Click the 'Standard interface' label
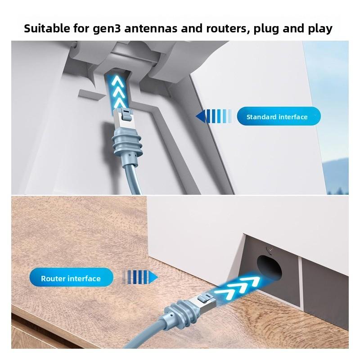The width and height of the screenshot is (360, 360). pyautogui.click(x=277, y=117)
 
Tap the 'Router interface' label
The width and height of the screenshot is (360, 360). pyautogui.click(x=71, y=279)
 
